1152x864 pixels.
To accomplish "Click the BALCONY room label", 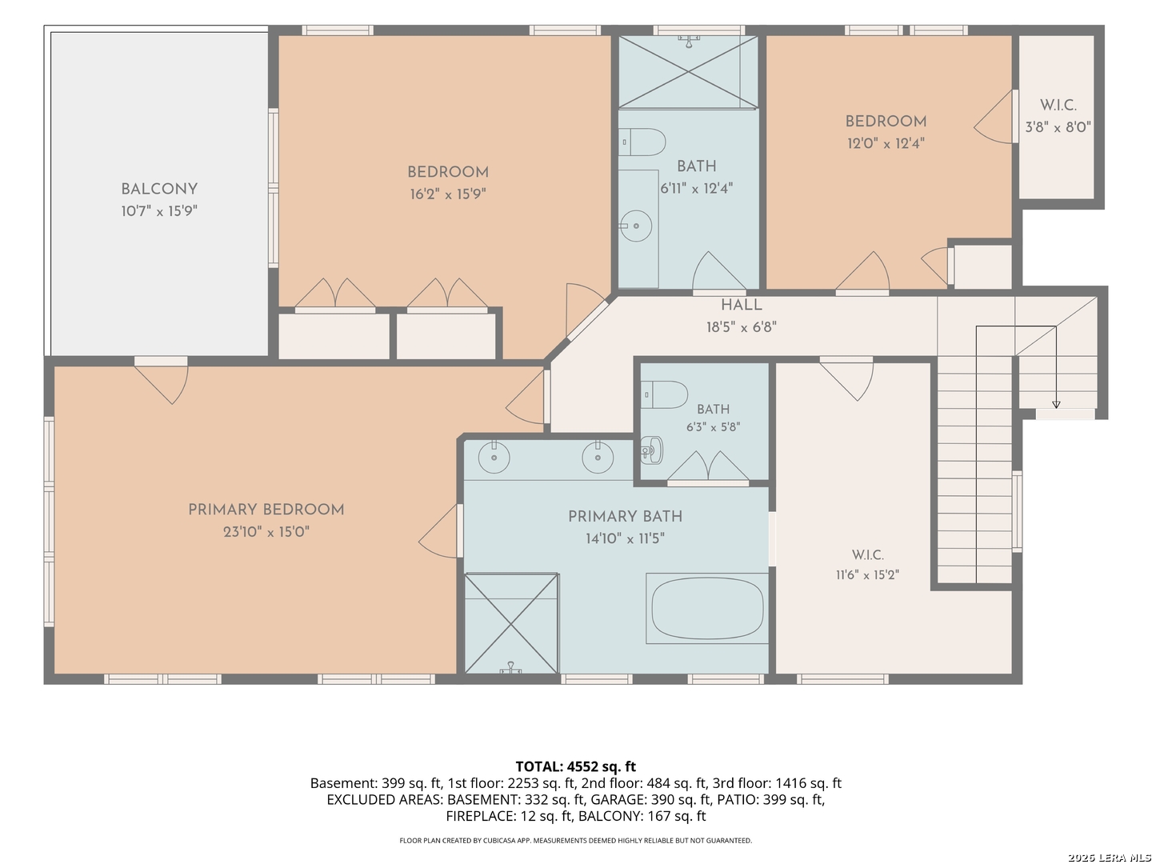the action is [159, 190].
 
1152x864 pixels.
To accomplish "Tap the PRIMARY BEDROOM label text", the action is [266, 510].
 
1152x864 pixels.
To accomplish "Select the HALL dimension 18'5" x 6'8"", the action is [741, 327].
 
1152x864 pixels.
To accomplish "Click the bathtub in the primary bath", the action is [707, 609].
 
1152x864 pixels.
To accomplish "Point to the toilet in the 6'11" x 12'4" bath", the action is [642, 142].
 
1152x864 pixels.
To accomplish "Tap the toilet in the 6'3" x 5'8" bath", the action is [664, 394].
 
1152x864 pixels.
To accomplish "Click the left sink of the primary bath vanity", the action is [494, 458].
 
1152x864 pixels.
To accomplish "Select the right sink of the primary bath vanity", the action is [598, 458].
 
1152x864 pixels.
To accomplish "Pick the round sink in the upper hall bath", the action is [635, 226].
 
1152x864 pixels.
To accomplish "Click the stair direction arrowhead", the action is [1056, 405].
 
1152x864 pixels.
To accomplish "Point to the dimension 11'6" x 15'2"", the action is [867, 575].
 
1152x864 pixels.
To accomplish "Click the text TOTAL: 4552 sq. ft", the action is [576, 766].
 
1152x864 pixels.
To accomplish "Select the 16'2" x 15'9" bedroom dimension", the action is [448, 194].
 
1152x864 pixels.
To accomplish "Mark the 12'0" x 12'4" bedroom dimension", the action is [886, 144].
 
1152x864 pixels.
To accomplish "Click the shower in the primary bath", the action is [512, 623].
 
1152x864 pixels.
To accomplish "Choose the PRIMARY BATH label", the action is [625, 517].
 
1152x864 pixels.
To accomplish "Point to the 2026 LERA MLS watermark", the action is [1109, 857].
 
